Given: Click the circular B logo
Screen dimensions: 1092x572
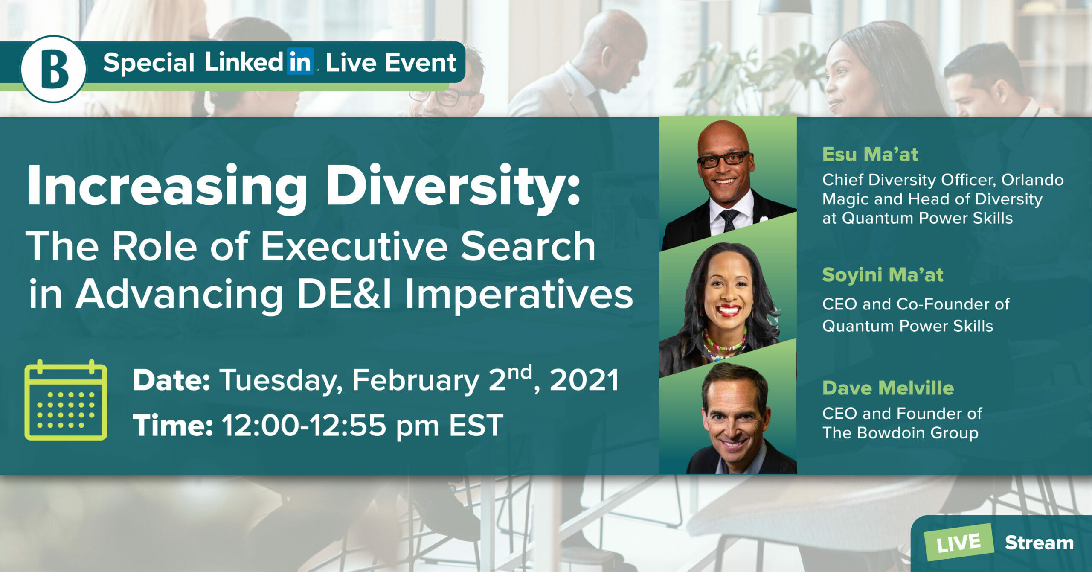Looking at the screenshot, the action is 53,69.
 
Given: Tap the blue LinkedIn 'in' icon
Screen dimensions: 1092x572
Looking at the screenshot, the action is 300,62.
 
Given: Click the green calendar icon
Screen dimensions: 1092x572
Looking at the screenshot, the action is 66,400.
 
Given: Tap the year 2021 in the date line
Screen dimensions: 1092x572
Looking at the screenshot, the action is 584,380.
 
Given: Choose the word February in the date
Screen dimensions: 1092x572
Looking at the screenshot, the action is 415,381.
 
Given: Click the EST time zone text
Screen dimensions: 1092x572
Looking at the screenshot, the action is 476,425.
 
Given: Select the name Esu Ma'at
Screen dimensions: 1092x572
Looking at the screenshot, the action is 870,154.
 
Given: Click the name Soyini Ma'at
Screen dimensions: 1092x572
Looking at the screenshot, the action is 883,275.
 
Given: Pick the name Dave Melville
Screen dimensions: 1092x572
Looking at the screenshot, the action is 888,388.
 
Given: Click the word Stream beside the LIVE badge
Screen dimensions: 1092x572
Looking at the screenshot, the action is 1039,543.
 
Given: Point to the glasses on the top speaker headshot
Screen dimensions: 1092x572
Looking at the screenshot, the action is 723,159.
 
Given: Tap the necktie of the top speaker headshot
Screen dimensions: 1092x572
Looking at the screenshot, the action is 729,220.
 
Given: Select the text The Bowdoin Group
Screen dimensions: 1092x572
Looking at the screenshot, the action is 900,433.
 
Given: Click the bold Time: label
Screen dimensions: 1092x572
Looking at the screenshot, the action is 173,425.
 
